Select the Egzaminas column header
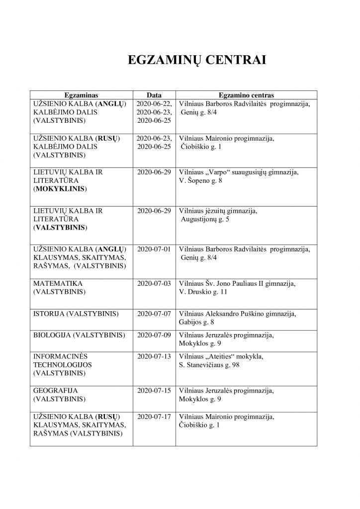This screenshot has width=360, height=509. [x=82, y=95]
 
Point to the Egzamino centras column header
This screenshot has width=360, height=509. [x=246, y=95]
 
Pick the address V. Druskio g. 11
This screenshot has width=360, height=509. [x=203, y=292]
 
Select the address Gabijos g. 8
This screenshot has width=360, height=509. [x=197, y=322]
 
